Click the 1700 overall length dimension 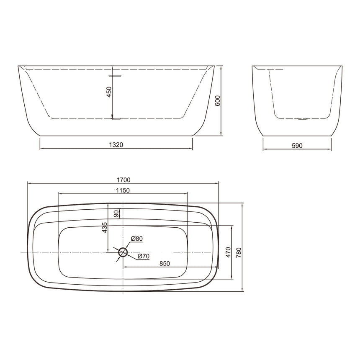point(124,180)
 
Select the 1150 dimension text point(123,190)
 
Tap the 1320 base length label point(116,145)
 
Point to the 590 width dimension point(296,146)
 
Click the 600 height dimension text point(217,101)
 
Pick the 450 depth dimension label point(109,92)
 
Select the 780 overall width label point(239,252)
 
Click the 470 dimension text point(228,252)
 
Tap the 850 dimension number point(164,264)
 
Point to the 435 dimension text point(105,227)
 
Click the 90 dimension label point(116,213)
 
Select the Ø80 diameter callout point(137,239)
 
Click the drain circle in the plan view point(123,252)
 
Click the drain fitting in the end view point(301,119)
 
